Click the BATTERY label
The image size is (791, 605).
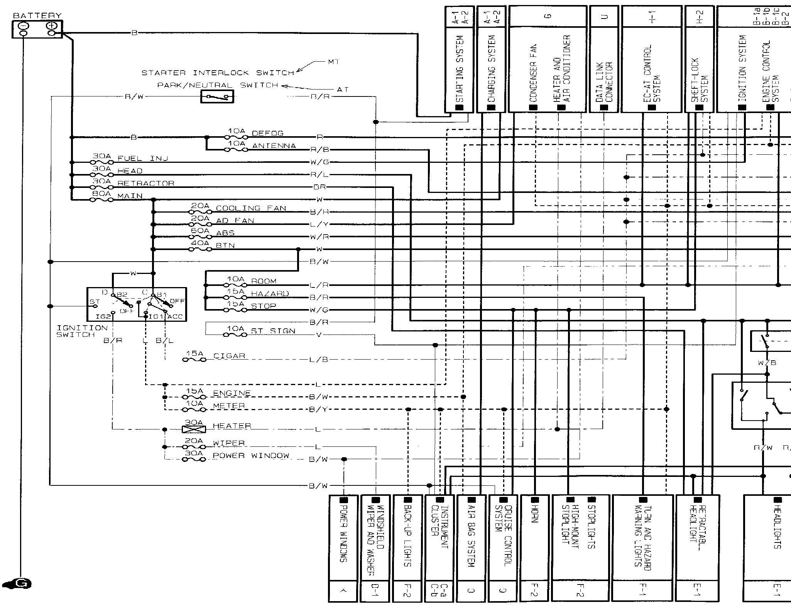[37, 16]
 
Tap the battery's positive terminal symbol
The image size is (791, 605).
[52, 26]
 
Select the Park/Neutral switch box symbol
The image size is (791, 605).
[217, 96]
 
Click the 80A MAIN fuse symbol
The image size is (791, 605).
[101, 199]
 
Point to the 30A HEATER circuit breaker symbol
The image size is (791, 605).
[193, 429]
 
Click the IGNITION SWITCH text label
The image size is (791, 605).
[76, 331]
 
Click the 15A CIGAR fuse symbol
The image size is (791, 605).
[194, 360]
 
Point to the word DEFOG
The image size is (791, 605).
[267, 134]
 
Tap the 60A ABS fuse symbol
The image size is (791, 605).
[200, 237]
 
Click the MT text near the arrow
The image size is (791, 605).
[334, 62]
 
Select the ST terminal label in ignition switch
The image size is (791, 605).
[95, 301]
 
